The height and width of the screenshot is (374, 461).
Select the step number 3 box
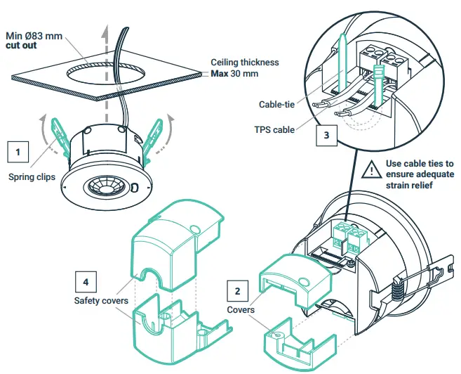pyautogui.click(x=326, y=136)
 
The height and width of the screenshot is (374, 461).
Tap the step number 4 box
pyautogui.click(x=86, y=281)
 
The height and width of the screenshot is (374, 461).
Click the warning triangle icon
pyautogui.click(x=370, y=170)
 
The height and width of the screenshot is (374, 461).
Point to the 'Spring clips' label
pyautogui.click(x=32, y=177)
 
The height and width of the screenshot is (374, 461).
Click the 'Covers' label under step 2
pyautogui.click(x=241, y=309)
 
